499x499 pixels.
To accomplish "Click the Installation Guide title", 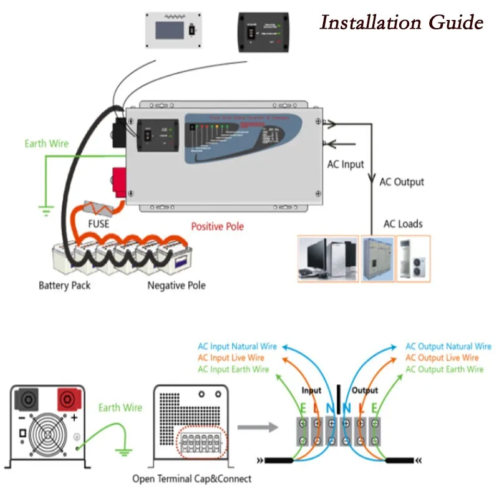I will click(x=401, y=23).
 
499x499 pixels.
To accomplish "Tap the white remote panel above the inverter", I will click(x=172, y=31).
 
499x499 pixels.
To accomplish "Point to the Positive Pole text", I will click(x=217, y=226).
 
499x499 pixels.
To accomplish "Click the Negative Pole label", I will click(x=176, y=286).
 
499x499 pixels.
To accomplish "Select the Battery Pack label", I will click(x=64, y=286).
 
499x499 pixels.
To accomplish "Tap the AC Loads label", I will click(x=402, y=224).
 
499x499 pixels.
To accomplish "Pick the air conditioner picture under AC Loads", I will click(x=414, y=258).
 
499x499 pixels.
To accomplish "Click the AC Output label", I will click(x=401, y=182).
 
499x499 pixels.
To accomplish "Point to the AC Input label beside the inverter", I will click(x=346, y=165).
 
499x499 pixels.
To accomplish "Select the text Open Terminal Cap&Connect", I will click(x=191, y=479).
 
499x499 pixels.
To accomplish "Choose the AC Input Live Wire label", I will click(x=231, y=358).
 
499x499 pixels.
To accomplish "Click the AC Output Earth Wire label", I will click(x=444, y=369).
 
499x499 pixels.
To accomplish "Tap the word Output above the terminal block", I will click(x=365, y=390).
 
